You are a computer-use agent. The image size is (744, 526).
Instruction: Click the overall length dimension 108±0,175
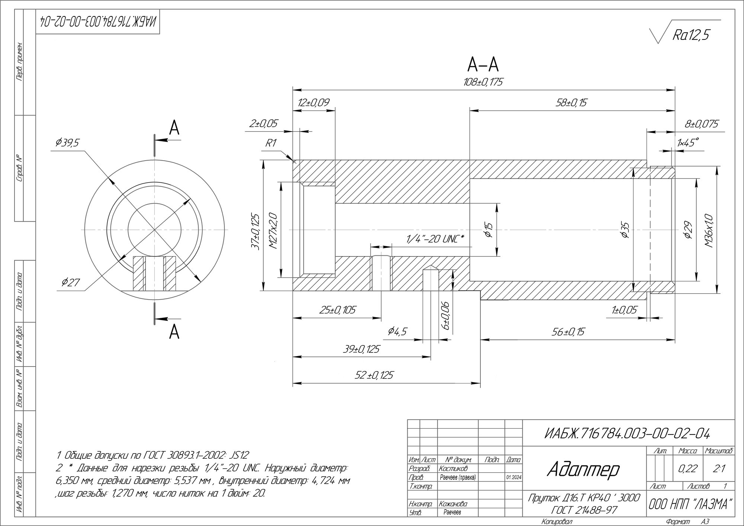[x=483, y=82]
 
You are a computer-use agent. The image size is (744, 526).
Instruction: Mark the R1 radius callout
[x=271, y=143]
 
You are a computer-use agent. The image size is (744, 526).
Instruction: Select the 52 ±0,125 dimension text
[x=374, y=375]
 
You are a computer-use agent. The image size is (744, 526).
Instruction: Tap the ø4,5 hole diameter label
[x=397, y=331]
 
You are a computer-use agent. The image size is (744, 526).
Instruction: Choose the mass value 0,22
[x=688, y=469]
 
